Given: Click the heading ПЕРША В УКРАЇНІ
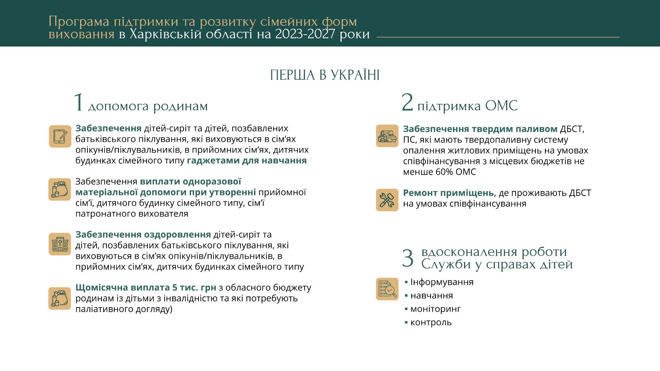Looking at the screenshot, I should click(x=325, y=75).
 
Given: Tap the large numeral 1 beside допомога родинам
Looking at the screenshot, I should click(x=78, y=103).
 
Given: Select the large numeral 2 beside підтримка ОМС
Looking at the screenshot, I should click(x=407, y=102).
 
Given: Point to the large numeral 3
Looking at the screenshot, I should click(x=408, y=258).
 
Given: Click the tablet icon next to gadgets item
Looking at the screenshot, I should click(x=60, y=136).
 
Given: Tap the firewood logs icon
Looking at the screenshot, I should click(x=387, y=136).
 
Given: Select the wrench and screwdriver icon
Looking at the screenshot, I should click(x=387, y=200).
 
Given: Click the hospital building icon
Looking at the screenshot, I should click(x=60, y=244).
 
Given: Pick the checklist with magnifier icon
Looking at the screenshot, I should click(x=387, y=289).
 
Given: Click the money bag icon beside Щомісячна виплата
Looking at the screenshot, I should click(x=60, y=298).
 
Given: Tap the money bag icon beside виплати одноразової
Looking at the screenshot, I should click(x=60, y=190).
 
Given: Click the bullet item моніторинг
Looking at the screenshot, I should click(x=435, y=309).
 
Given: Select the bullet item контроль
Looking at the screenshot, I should click(x=431, y=322).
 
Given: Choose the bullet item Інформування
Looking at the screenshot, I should click(x=441, y=282).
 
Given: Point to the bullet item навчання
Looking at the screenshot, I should click(x=431, y=296).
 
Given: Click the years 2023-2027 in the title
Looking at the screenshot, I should click(x=305, y=34).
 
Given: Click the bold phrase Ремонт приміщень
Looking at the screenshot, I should click(x=449, y=193).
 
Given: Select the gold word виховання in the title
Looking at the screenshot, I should click(x=81, y=34).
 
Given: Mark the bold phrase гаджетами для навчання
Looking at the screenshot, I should click(x=247, y=160).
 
